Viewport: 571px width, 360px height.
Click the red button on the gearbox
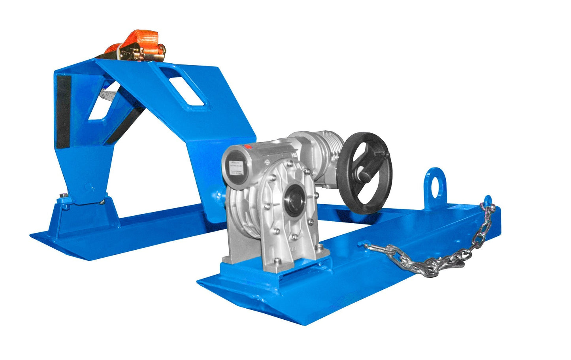[x=249, y=147]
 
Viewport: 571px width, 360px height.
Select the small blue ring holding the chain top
[x=488, y=202]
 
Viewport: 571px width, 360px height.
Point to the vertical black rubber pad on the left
[x=63, y=111]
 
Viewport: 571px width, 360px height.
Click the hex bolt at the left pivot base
[x=64, y=196]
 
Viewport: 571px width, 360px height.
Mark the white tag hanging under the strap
[x=108, y=95]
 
